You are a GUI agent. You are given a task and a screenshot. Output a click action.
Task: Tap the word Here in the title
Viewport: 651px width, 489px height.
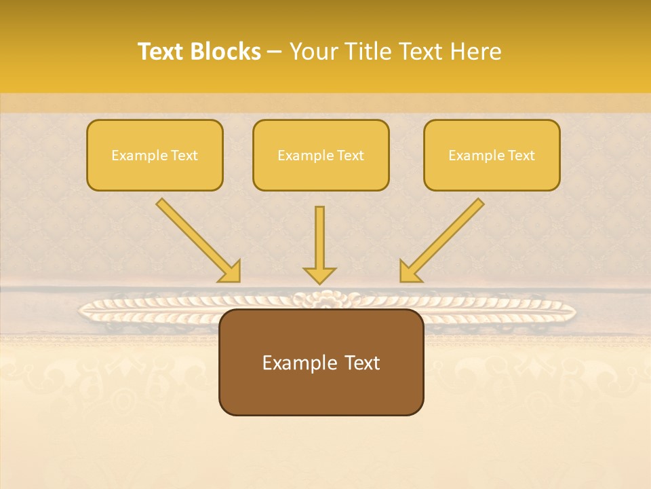pyautogui.click(x=474, y=52)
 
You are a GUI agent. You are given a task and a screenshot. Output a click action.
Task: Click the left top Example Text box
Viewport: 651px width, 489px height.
pyautogui.click(x=155, y=155)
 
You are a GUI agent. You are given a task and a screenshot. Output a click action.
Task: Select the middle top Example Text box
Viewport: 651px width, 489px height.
pyautogui.click(x=321, y=155)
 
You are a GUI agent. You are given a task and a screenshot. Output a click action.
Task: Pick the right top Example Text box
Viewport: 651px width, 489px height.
pyautogui.click(x=492, y=155)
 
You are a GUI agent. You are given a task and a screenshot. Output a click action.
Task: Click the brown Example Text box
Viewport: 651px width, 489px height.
pyautogui.click(x=321, y=362)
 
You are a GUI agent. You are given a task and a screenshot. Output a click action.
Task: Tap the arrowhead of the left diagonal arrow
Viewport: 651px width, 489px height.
pyautogui.click(x=230, y=272)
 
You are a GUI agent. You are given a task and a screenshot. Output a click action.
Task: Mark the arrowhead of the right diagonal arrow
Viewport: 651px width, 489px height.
pyautogui.click(x=410, y=272)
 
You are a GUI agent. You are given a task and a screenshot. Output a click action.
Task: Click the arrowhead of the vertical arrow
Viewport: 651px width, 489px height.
pyautogui.click(x=319, y=274)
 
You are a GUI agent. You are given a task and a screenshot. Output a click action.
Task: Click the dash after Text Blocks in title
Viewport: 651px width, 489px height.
pyautogui.click(x=275, y=52)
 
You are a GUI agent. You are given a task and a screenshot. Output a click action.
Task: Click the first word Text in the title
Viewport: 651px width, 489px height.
pyautogui.click(x=161, y=52)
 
